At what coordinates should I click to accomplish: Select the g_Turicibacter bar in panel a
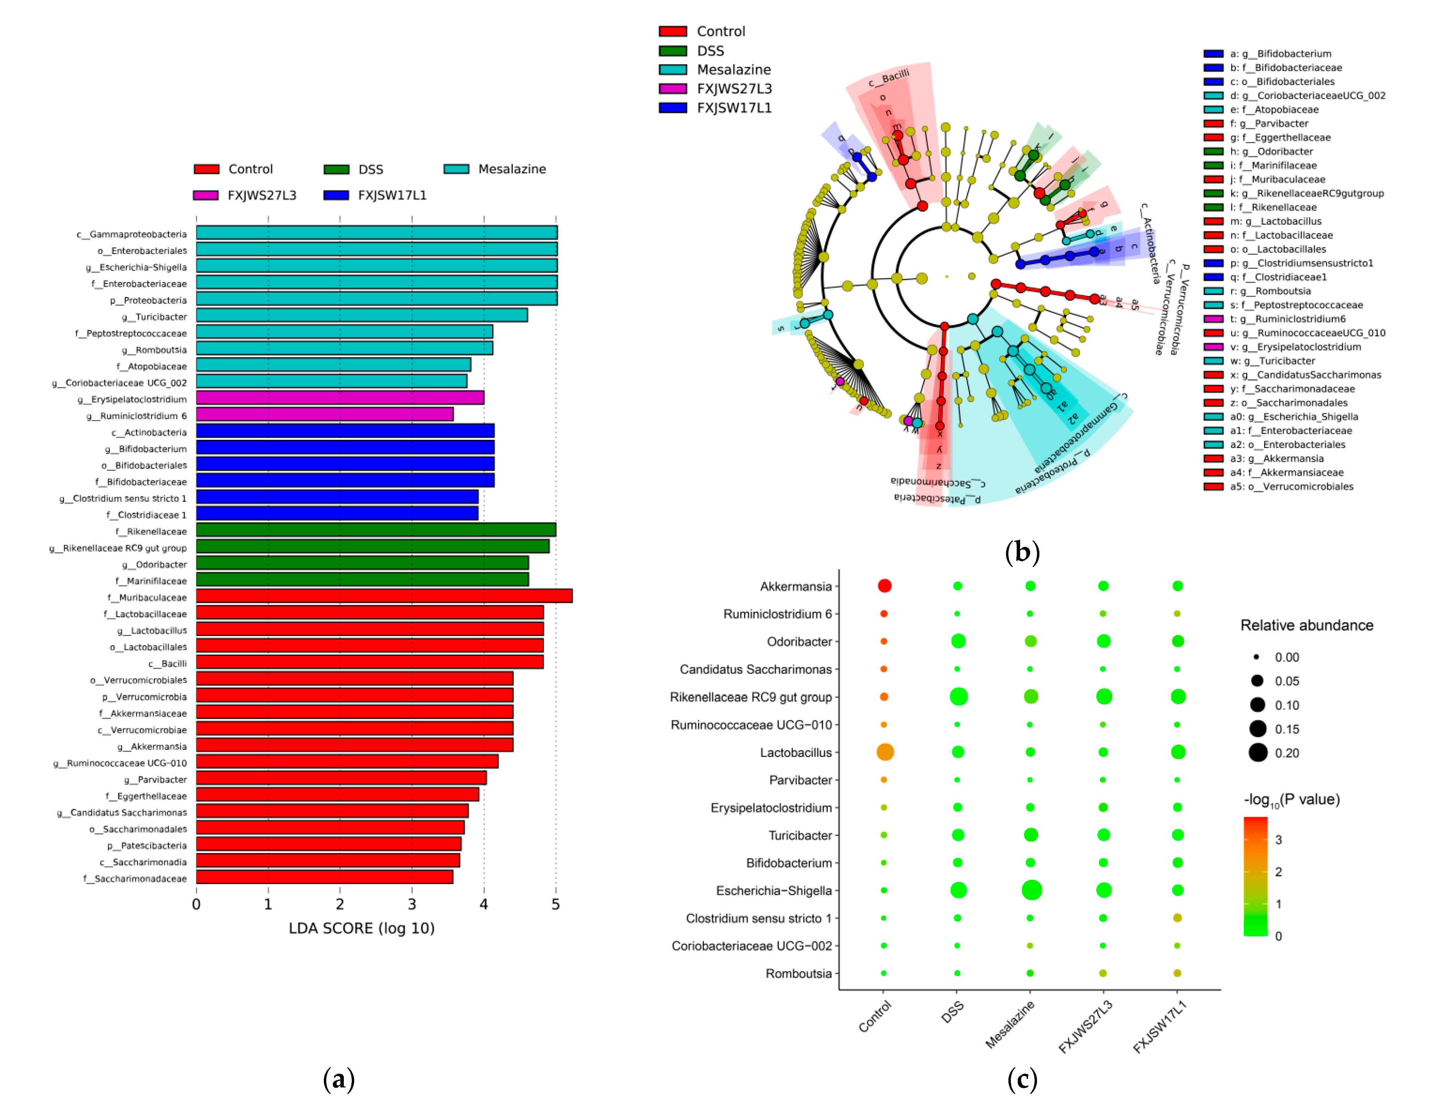[x=362, y=315]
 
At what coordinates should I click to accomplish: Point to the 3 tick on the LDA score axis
[x=412, y=904]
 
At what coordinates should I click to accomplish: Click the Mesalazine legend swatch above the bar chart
[x=456, y=169]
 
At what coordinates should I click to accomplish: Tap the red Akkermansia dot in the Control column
[x=884, y=586]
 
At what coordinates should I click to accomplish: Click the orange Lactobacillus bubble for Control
[x=885, y=752]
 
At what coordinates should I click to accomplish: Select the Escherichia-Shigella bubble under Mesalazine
[x=1031, y=890]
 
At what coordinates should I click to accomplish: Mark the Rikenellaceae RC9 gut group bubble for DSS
[x=958, y=696]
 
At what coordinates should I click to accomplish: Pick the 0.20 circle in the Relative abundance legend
[x=1258, y=752]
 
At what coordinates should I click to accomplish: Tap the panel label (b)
[x=1022, y=552]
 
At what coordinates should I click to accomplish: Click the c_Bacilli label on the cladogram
[x=889, y=78]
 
